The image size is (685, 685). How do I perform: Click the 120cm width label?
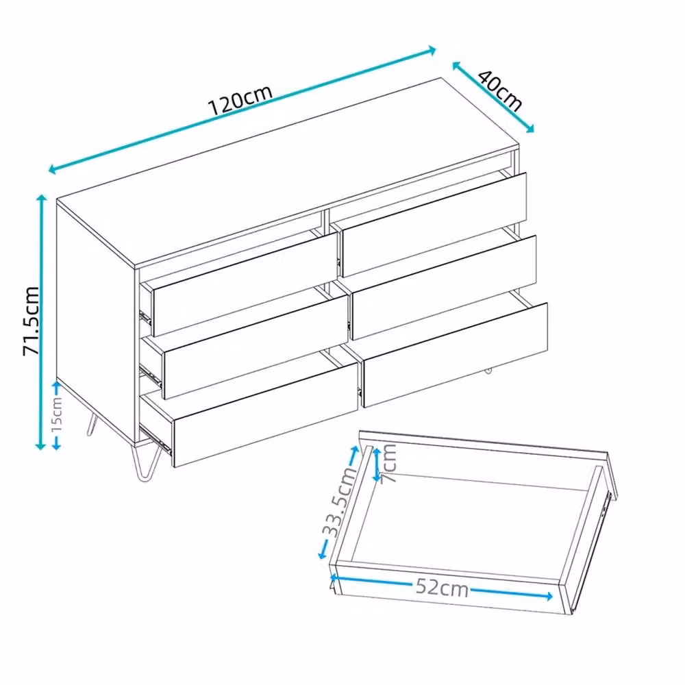pyautogui.click(x=240, y=100)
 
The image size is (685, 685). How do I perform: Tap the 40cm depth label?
pyautogui.click(x=500, y=90)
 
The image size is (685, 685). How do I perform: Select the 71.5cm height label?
pyautogui.click(x=31, y=320)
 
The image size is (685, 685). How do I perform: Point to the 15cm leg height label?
pyautogui.click(x=57, y=414)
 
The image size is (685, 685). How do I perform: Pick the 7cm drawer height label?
pyautogui.click(x=388, y=463)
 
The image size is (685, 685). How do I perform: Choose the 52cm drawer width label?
pyautogui.click(x=442, y=587)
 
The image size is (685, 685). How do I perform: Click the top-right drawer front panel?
pyautogui.click(x=434, y=225)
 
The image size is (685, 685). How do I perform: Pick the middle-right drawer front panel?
pyautogui.click(x=444, y=288)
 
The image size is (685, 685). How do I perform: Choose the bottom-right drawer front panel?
pyautogui.click(x=455, y=355)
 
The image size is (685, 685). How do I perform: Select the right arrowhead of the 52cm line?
pyautogui.click(x=548, y=596)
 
